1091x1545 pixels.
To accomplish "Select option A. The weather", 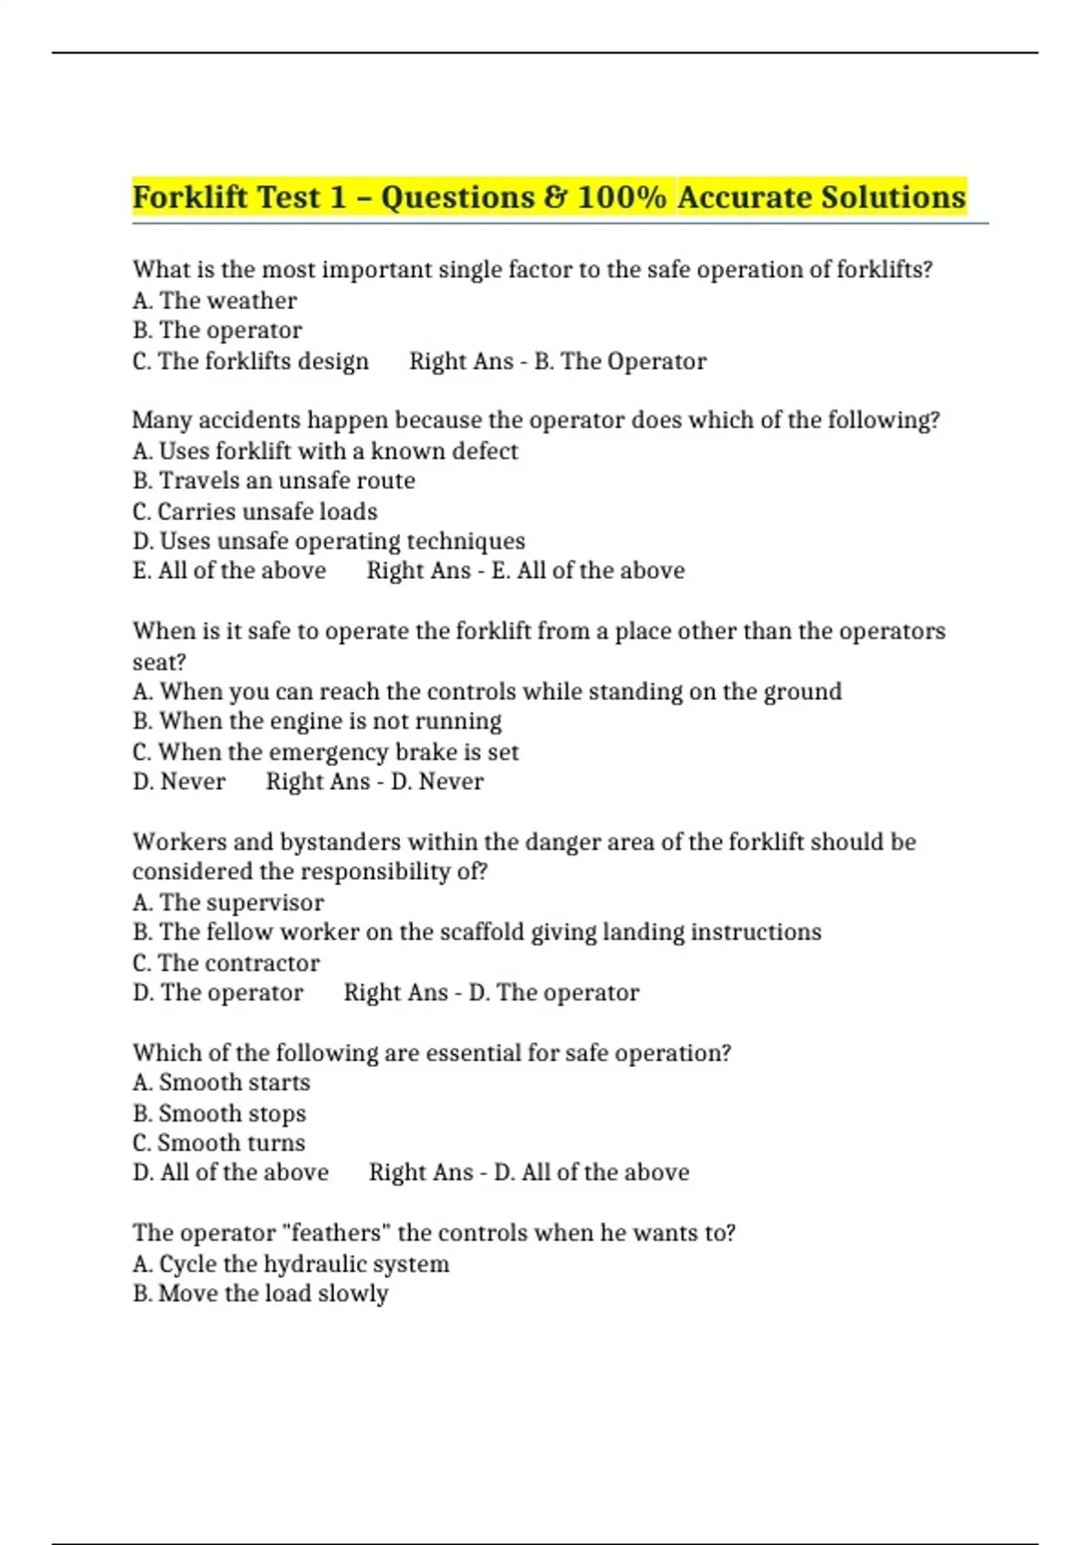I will tap(215, 301).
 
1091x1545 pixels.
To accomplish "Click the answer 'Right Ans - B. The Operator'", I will tap(557, 362).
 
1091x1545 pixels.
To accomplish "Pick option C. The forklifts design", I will tap(251, 362).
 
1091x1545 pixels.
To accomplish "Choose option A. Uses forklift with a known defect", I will tap(325, 451).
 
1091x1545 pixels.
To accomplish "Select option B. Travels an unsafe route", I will tap(274, 481).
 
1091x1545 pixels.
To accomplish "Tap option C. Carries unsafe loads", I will tap(255, 512).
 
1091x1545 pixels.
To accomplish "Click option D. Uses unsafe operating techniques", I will tap(328, 542).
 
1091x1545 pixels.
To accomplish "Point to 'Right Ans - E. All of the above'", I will tap(525, 571).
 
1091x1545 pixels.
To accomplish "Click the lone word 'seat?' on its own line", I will tap(159, 662).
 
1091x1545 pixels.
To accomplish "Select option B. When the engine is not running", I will tap(316, 722).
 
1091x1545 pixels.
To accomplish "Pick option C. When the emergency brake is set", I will tap(325, 753).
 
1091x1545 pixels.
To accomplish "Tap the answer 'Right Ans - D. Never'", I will tap(375, 782).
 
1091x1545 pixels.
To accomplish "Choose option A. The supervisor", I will tap(228, 902).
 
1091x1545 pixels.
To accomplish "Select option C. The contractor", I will tap(226, 963).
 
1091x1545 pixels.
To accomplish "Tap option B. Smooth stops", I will tap(219, 1113).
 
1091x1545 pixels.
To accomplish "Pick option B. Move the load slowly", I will tap(260, 1293).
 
